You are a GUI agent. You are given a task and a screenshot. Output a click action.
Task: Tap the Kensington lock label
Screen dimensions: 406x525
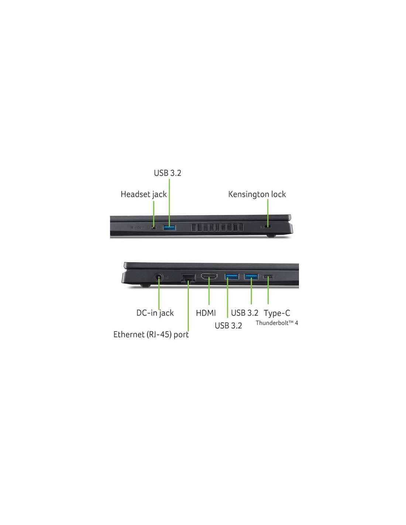pyautogui.click(x=257, y=194)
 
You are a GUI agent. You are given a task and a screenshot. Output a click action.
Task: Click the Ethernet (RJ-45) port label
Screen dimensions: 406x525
pyautogui.click(x=151, y=334)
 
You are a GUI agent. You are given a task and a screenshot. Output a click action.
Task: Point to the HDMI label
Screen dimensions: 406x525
pyautogui.click(x=206, y=313)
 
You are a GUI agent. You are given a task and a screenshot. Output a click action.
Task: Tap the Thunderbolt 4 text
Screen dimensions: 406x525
pyautogui.click(x=277, y=323)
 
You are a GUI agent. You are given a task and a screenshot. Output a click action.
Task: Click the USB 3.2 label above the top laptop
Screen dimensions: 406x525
pyautogui.click(x=167, y=173)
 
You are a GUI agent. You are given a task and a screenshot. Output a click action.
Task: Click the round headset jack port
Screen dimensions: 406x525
pyautogui.click(x=154, y=227)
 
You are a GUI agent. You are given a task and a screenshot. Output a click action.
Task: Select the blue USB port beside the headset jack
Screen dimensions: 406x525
pyautogui.click(x=169, y=227)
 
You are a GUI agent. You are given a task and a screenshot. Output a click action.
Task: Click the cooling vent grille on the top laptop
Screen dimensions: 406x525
pyautogui.click(x=217, y=227)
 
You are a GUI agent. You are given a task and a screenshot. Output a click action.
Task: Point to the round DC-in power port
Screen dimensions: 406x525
pyautogui.click(x=159, y=277)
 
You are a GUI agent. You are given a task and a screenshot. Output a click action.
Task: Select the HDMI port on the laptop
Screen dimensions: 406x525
pyautogui.click(x=209, y=277)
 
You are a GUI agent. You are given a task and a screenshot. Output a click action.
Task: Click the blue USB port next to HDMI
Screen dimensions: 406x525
pyautogui.click(x=232, y=276)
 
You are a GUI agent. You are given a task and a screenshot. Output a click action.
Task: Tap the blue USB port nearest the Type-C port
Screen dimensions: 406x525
pyautogui.click(x=251, y=276)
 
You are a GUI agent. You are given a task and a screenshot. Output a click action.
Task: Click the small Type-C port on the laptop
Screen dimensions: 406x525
pyautogui.click(x=268, y=277)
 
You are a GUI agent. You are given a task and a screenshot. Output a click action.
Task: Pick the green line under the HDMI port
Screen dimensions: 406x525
pyautogui.click(x=209, y=292)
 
